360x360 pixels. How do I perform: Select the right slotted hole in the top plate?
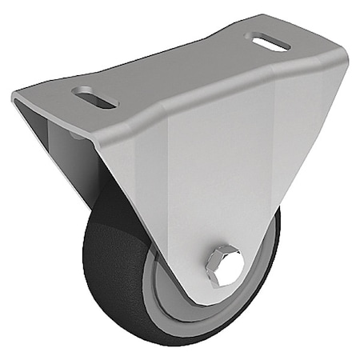pos(268,41)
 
